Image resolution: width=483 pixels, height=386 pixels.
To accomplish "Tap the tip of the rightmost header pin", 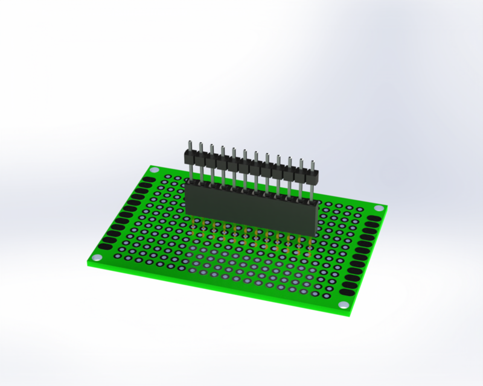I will [x=313, y=163].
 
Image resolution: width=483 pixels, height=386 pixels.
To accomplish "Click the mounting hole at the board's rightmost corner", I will [x=379, y=208].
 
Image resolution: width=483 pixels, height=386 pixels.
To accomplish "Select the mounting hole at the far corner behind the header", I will [x=154, y=170].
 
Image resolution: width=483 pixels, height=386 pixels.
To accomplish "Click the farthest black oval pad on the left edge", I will [x=149, y=179].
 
